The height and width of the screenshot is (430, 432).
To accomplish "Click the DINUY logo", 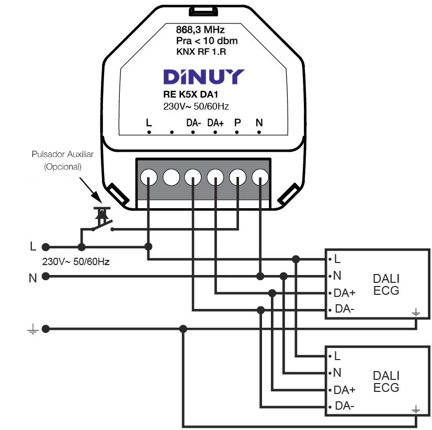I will click(203, 77).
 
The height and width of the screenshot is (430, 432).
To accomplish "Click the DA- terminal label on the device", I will click(194, 123).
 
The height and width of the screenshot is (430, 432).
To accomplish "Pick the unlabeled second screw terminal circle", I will click(171, 178).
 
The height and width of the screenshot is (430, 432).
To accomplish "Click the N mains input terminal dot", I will click(46, 277).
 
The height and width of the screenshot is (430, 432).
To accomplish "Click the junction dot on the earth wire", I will click(183, 329).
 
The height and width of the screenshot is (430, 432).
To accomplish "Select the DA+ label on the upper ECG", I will click(345, 293).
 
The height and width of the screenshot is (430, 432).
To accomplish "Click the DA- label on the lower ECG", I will click(345, 407).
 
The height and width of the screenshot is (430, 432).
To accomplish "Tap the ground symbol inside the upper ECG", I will click(416, 312).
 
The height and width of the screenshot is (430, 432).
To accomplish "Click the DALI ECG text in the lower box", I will click(386, 382).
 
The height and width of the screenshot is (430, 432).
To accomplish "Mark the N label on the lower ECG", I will click(337, 373).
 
